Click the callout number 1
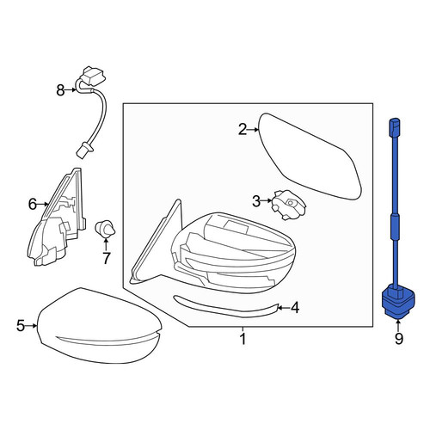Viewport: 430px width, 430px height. [x=243, y=339]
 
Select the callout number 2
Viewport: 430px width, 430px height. [x=243, y=130]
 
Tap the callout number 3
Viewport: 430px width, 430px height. [x=256, y=201]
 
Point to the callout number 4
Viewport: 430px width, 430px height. [x=295, y=308]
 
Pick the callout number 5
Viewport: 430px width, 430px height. [x=21, y=326]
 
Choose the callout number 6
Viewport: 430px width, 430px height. [x=33, y=205]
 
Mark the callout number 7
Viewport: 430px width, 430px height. [x=106, y=258]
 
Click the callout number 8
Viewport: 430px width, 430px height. [x=60, y=90]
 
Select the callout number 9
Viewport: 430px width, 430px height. [x=399, y=339]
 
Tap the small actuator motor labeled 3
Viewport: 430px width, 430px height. [x=289, y=205]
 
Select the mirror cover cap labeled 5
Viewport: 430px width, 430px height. [x=99, y=324]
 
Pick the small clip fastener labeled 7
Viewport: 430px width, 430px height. [x=105, y=230]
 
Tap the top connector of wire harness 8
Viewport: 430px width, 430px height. [x=94, y=76]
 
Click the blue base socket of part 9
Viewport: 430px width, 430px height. [x=398, y=304]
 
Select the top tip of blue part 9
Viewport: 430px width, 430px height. [x=395, y=120]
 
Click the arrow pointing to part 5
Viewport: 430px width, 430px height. [x=31, y=326]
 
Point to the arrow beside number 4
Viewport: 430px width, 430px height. [x=284, y=308]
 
